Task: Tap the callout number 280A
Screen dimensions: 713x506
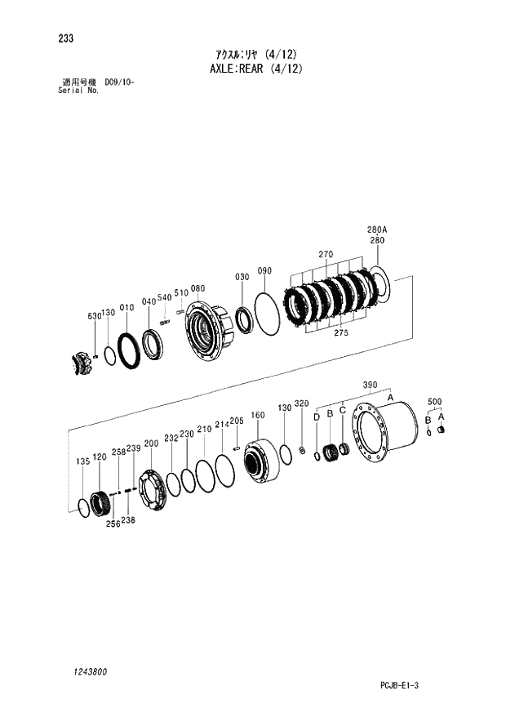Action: point(376,230)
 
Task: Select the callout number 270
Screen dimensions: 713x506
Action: point(326,255)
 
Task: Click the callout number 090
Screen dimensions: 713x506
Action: point(264,270)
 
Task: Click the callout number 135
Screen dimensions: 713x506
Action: point(82,461)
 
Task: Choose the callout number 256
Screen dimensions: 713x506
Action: point(113,524)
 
